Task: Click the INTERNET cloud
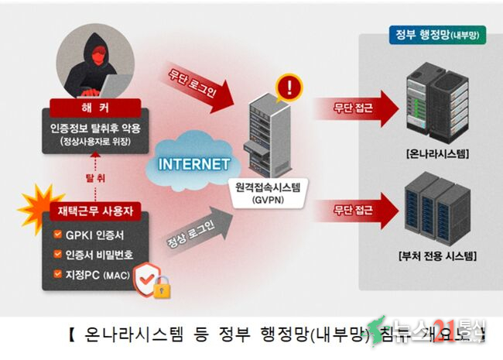point(193,164)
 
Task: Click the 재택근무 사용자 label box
point(96,211)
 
